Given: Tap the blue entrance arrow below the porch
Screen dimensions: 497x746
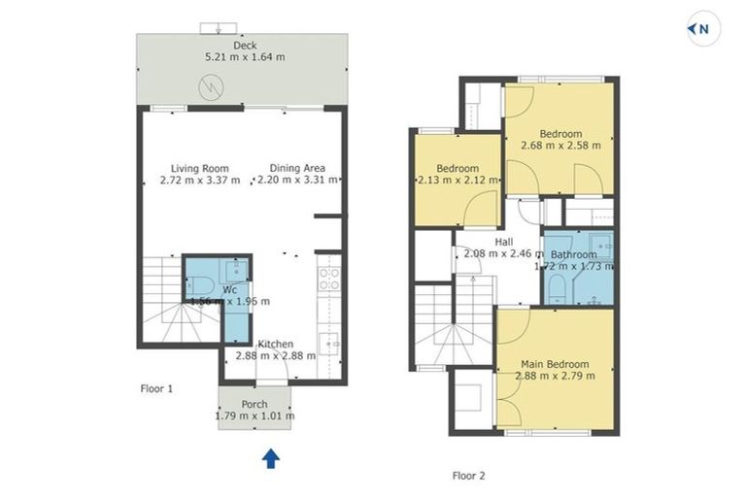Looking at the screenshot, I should pos(271,457).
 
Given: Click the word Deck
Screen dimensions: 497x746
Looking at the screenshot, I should pos(244,46).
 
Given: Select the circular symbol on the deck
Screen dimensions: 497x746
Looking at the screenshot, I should pos(211,87).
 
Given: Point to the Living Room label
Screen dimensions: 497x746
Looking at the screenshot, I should pos(199,168).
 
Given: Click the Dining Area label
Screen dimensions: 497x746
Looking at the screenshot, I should pos(297,168).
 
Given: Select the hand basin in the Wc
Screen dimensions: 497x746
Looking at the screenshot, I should pos(235,270).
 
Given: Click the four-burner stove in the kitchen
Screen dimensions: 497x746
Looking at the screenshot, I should pos(327,279).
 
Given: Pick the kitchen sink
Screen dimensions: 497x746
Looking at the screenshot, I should pos(330,343).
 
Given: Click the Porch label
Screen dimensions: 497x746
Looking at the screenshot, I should pos(254,405).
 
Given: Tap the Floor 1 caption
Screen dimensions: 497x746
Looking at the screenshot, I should pos(156,388).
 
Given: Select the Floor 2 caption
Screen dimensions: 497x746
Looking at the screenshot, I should pos(468,476).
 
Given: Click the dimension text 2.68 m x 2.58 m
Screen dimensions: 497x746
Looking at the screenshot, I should pos(560,146).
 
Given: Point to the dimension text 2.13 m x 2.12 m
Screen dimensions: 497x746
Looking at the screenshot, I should pos(458,180).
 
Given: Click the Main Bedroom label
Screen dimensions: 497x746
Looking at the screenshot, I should pos(554,364).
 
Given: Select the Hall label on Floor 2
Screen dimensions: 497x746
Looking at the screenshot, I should pos(503,242).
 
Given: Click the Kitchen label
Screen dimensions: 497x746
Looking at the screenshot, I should pos(275,344).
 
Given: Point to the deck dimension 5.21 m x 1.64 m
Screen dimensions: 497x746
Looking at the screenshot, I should pos(244,57).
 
